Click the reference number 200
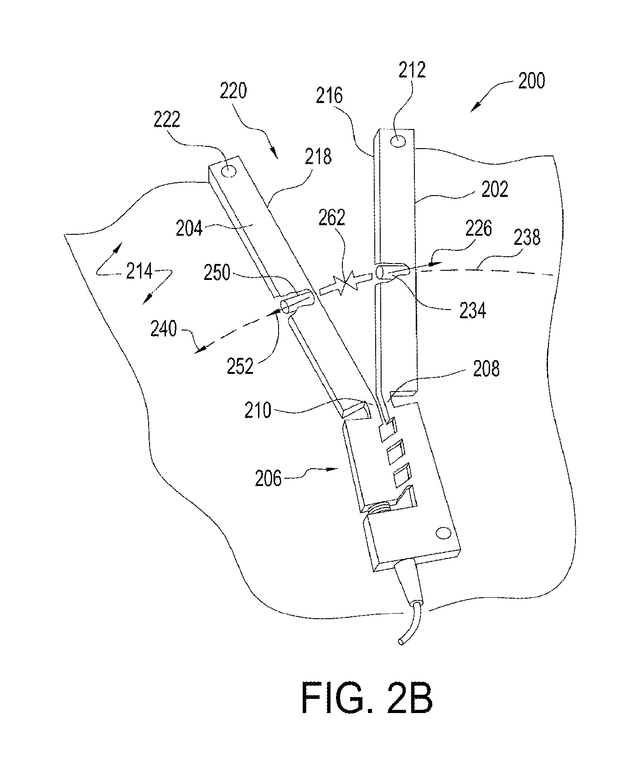coord(531,81)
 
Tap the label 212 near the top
coord(412,70)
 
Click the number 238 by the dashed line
coord(527,238)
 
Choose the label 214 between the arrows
coord(139,272)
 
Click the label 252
coord(240,366)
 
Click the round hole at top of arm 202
coord(398,141)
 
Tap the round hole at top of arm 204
coord(229,171)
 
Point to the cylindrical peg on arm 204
coord(297,301)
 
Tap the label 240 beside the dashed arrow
coord(164,328)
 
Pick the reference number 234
coord(473,311)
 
